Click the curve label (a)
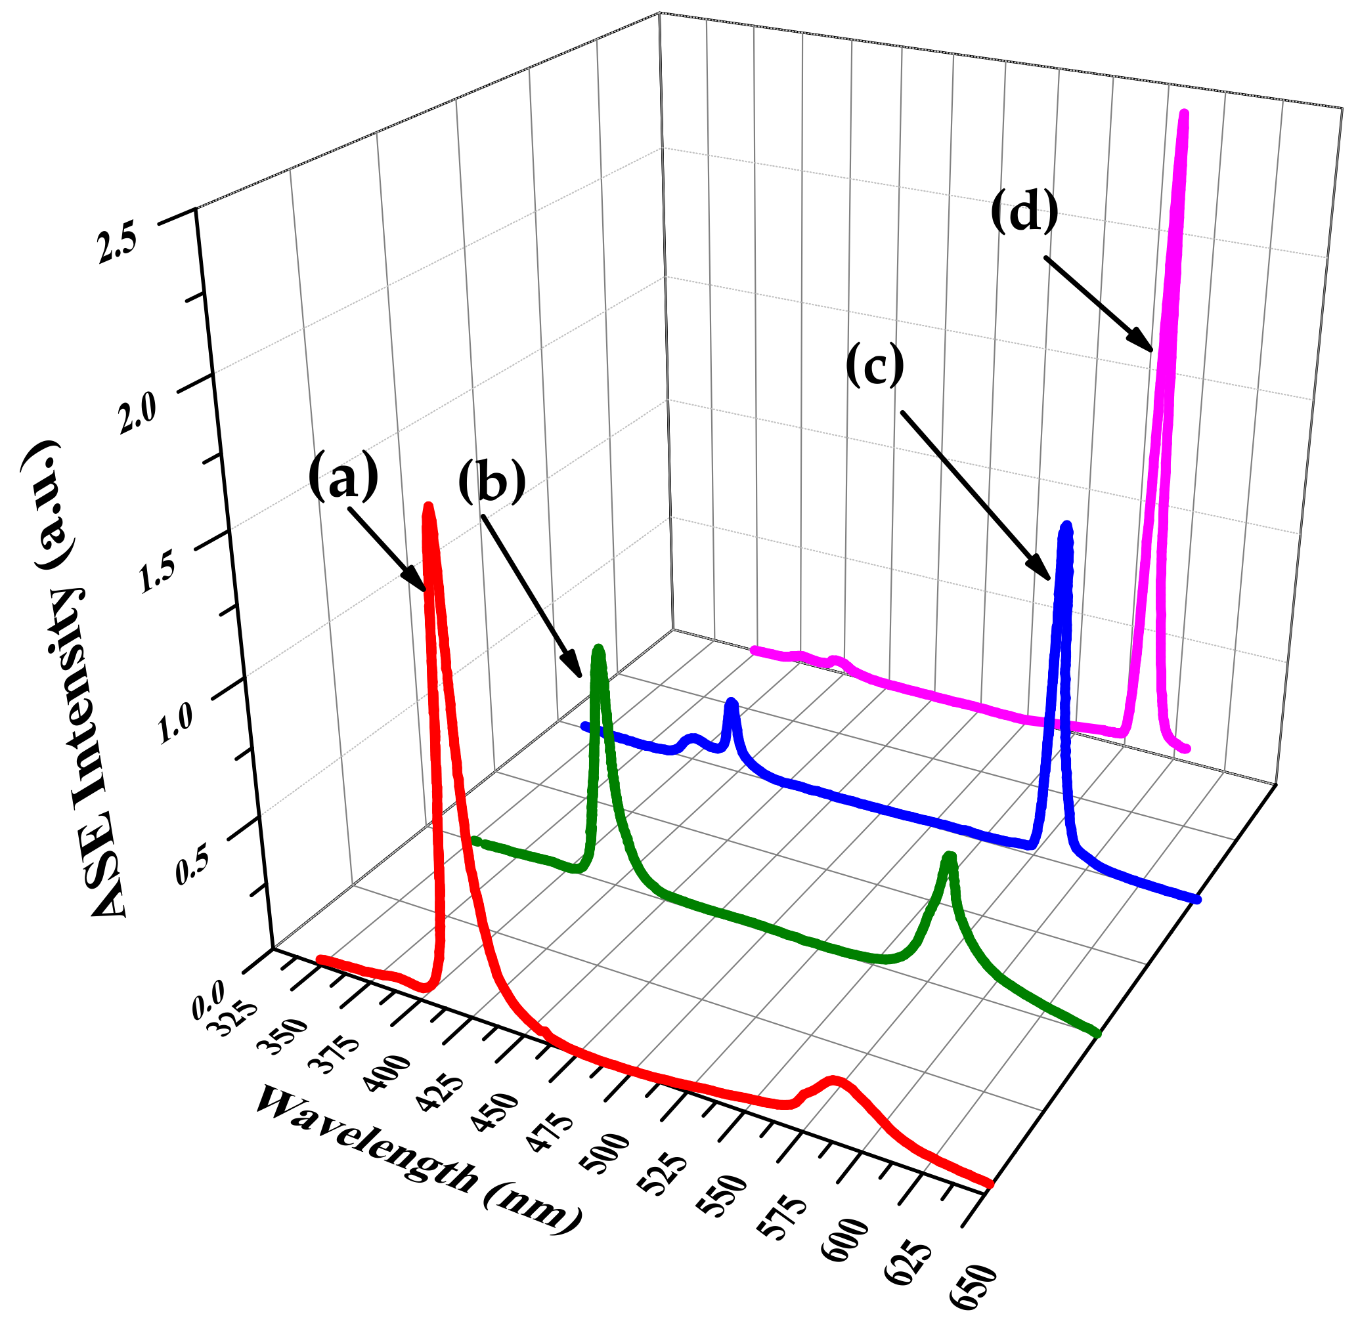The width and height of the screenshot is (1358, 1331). (343, 476)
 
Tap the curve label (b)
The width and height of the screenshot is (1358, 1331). (492, 481)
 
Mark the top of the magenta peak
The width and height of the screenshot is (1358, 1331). (1183, 114)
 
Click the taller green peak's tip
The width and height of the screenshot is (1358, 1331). (598, 648)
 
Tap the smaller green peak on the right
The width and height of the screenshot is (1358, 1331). (949, 856)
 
